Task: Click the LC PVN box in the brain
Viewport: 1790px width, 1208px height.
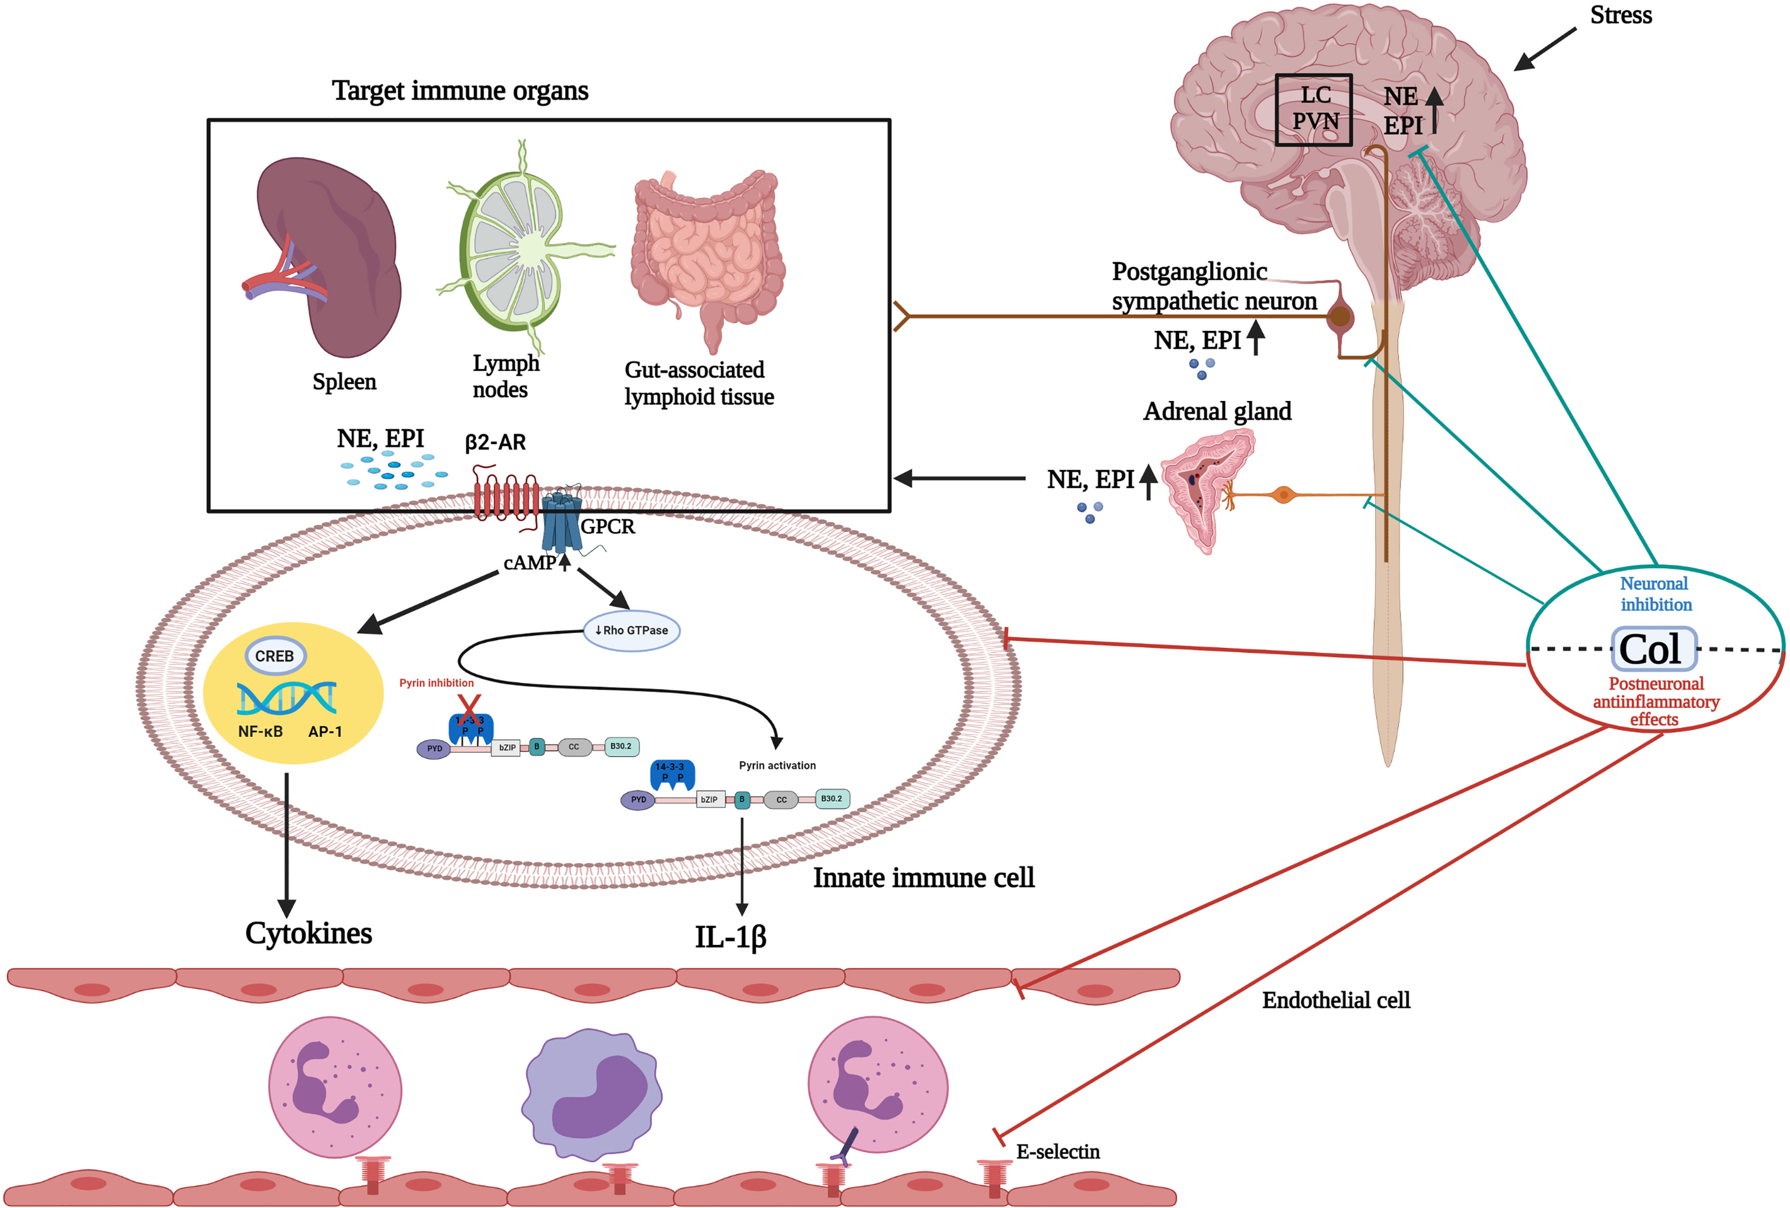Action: [1313, 109]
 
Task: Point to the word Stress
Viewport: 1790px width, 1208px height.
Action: [1621, 15]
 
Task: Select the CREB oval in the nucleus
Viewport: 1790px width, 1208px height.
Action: [275, 656]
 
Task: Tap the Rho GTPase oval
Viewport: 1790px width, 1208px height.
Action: [632, 631]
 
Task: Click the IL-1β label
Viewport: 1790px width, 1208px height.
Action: [730, 937]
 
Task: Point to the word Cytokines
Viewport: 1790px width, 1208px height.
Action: [308, 933]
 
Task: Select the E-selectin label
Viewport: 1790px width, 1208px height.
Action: [1057, 1152]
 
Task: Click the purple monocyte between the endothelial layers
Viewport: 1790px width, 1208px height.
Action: [592, 1093]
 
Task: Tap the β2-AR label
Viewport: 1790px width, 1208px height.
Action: [495, 443]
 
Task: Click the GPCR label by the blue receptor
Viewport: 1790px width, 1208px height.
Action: [608, 527]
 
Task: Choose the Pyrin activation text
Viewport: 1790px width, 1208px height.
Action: [777, 765]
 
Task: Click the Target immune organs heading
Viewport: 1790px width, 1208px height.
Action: [460, 91]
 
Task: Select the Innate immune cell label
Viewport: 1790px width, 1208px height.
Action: [924, 878]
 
